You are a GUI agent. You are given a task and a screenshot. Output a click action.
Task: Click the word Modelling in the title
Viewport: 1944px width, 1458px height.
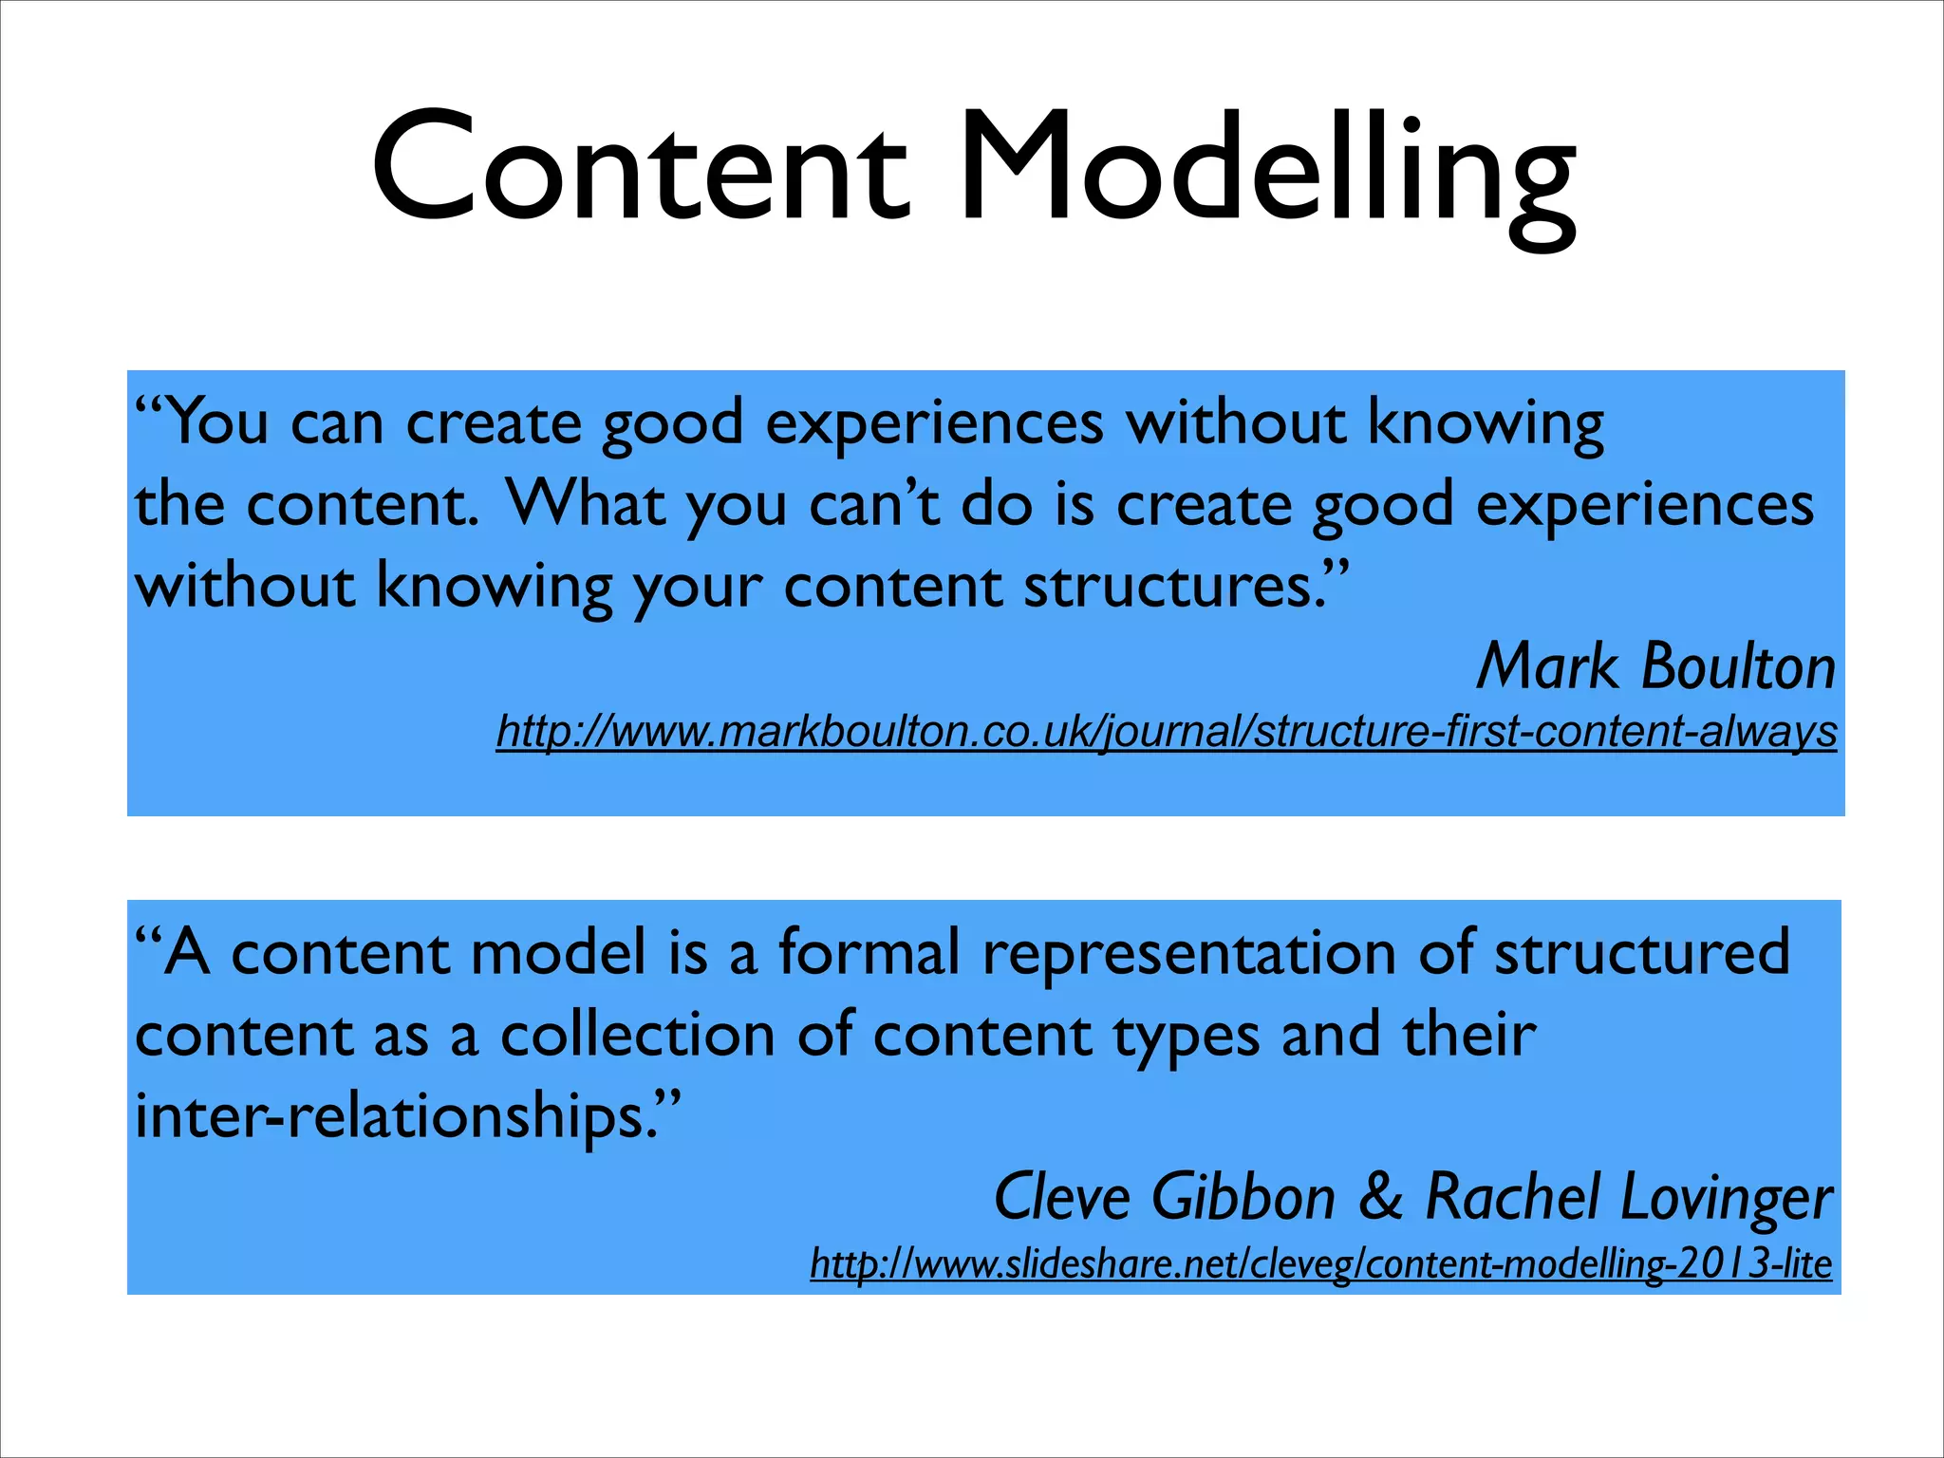[x=1268, y=171]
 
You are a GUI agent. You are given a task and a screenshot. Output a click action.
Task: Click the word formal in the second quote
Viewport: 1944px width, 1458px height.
[x=869, y=952]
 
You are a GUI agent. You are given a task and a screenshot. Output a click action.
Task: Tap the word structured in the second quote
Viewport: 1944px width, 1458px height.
[x=1642, y=952]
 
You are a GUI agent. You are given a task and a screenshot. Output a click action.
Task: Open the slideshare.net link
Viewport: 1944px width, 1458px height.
[x=1320, y=1264]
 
